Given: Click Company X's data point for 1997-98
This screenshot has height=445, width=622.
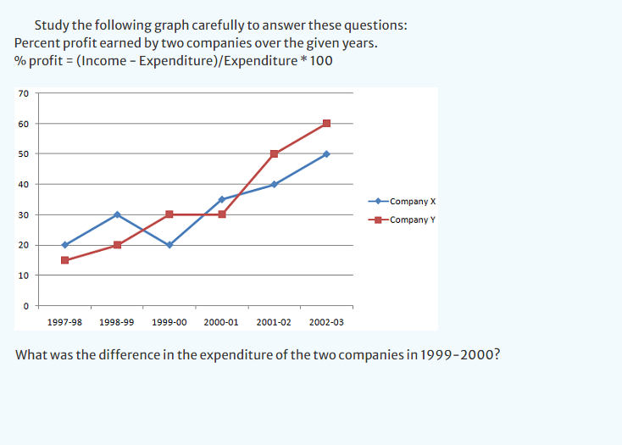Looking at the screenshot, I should coord(64,245).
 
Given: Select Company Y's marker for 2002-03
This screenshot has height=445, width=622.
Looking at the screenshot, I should coord(326,123).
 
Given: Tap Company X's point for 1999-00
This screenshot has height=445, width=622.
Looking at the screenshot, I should coord(169,245).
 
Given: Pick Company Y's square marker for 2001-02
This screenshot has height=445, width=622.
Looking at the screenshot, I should coord(274,153).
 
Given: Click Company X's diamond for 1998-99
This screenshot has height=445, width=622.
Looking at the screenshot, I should coord(117,214).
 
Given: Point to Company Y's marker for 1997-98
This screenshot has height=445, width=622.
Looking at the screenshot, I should coord(64,260).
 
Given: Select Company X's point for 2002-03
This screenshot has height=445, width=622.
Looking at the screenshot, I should coord(326,153).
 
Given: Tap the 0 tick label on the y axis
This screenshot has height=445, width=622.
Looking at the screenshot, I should coord(25,306).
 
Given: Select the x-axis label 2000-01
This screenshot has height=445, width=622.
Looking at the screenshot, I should coord(221,323).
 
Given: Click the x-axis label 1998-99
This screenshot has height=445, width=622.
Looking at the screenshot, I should coord(116,323).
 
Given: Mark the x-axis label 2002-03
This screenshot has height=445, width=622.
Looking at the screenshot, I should coord(326,323).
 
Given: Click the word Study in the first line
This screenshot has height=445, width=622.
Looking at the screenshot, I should coord(53,25).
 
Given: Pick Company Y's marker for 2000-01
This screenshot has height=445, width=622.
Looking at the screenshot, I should coord(221,214).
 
